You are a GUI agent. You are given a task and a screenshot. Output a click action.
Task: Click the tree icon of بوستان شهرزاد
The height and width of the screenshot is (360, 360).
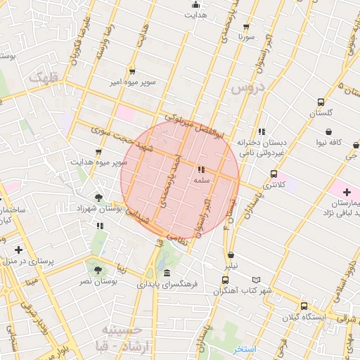[x=98, y=198]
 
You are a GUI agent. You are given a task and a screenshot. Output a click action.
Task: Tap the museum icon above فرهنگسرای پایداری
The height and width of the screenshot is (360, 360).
[x=166, y=274]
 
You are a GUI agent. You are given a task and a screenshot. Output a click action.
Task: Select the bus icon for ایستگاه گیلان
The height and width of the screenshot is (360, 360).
[x=304, y=306]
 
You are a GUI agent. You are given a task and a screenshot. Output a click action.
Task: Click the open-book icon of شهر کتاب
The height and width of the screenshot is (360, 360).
[x=264, y=279]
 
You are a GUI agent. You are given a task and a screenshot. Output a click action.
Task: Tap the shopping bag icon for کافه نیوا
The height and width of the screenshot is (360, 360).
[x=328, y=131]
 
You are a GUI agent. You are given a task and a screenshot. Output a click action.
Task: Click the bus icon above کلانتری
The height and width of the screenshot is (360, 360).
[x=274, y=174]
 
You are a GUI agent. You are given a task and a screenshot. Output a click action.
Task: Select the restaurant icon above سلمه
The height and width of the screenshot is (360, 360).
[x=200, y=169]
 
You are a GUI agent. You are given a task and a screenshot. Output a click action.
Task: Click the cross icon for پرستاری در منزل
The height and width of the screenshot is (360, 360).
[x=19, y=250]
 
